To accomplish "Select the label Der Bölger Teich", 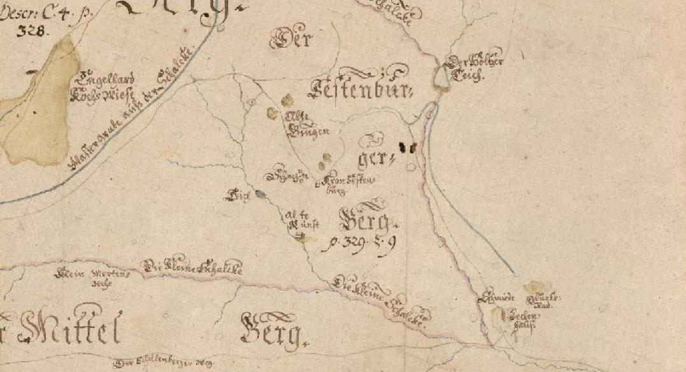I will pos(475,68).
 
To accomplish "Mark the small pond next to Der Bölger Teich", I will pos(442,78).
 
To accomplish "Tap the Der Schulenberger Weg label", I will pos(164,362).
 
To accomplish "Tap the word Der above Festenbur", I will pos(292,41).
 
